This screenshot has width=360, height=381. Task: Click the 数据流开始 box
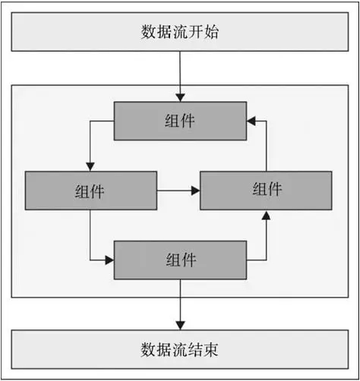tap(180, 32)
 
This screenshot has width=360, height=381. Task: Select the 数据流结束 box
tap(180, 349)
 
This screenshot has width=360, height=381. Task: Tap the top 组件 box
tap(180, 121)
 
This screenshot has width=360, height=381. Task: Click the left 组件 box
tap(91, 190)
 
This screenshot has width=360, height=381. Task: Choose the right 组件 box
tap(266, 190)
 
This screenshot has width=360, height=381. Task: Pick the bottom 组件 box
tap(180, 260)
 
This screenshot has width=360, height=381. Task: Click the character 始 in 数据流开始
tap(211, 32)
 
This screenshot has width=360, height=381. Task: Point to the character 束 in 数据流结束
tap(211, 350)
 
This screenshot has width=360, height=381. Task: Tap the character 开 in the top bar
tap(195, 32)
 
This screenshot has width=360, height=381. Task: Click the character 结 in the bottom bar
tap(195, 350)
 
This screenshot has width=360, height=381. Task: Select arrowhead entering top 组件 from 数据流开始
tap(180, 98)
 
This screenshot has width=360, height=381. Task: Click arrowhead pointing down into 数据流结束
tap(180, 326)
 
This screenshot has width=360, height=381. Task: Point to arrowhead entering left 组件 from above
tap(90, 167)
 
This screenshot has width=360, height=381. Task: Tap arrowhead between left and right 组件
tap(196, 190)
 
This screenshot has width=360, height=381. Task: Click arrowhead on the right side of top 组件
tap(251, 121)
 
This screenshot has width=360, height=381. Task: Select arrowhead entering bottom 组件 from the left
tap(109, 260)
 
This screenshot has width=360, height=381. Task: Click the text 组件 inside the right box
tap(267, 189)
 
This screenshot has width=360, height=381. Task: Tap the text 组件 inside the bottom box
tap(181, 260)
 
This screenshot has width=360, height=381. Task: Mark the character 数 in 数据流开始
tap(148, 32)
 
